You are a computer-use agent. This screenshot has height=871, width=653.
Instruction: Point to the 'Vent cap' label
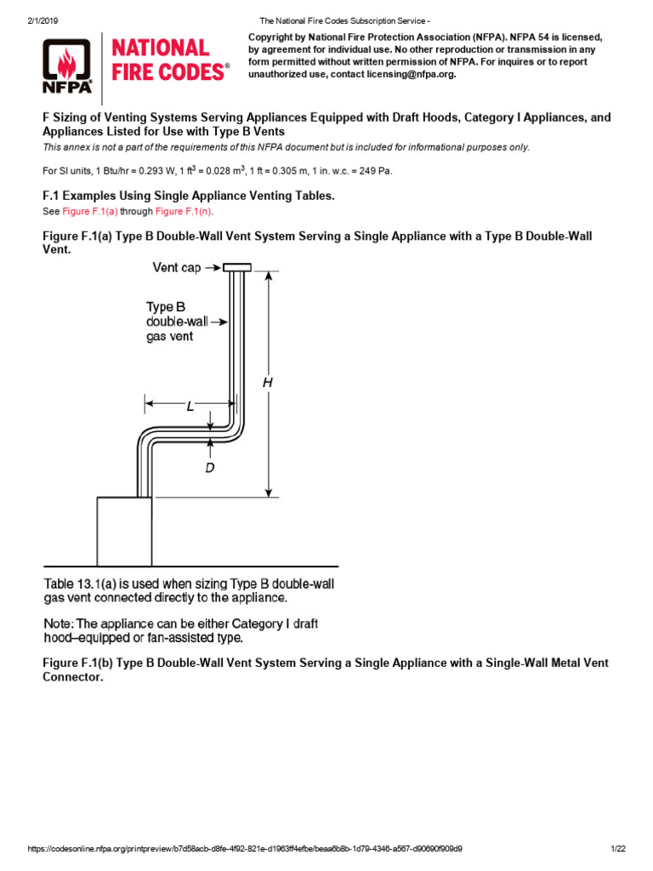[x=177, y=268]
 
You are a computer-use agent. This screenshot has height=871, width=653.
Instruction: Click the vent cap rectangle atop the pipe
[x=237, y=268]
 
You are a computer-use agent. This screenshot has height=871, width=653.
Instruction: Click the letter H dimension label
[x=267, y=383]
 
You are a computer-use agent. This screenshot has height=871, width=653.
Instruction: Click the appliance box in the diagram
[x=124, y=532]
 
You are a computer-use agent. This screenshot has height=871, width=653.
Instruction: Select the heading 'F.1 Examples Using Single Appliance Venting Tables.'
[x=189, y=196]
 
